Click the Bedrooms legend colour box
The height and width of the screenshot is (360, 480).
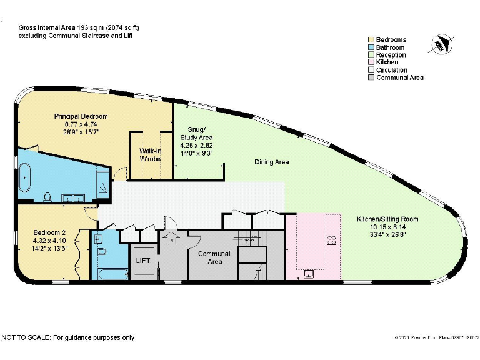371,40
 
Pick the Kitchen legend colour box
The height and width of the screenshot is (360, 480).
371,62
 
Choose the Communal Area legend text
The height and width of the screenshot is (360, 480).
400,77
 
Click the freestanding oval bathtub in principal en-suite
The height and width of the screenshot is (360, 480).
25,177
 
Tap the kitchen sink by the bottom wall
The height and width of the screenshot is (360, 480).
309,272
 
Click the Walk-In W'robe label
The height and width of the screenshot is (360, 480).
150,155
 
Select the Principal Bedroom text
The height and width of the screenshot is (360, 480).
81,116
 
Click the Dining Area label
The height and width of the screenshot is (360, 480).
271,162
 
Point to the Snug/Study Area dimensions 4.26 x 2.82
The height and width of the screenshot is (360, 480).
196,145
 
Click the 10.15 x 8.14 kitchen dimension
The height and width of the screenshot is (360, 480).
387,227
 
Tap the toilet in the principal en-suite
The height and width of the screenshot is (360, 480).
48,196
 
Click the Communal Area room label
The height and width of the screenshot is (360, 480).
214,257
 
